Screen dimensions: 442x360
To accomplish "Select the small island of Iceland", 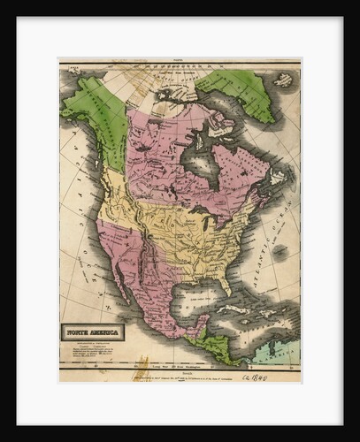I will coord(284,80).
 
